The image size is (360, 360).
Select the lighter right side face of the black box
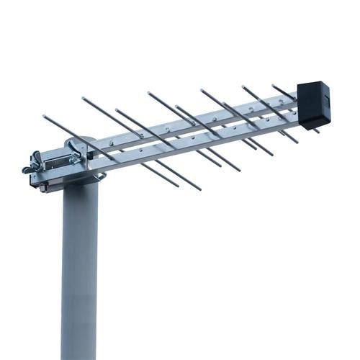pos(325,101)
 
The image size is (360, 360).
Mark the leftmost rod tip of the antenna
pos(44,115)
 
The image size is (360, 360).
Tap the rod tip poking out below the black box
pos(317,131)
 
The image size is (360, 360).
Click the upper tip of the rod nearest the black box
pos(274,85)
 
